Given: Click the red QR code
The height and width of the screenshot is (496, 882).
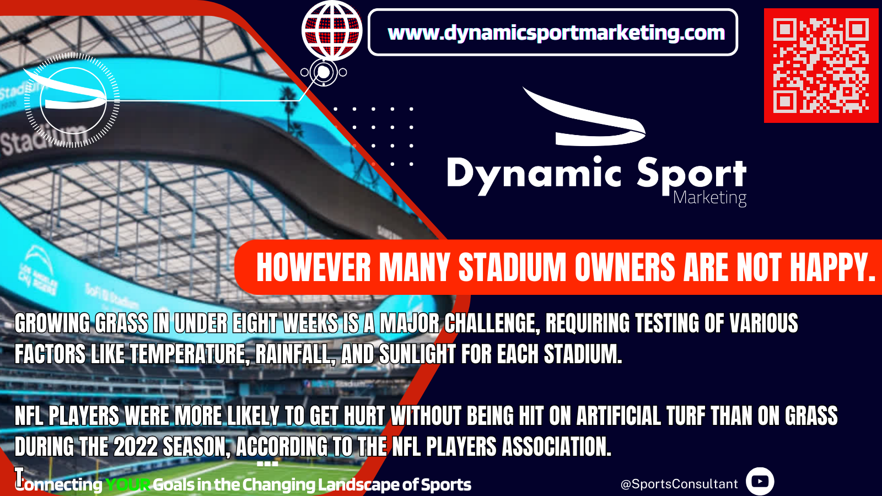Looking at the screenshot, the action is (821, 66).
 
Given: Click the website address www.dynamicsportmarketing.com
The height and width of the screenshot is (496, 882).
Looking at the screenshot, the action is (556, 33).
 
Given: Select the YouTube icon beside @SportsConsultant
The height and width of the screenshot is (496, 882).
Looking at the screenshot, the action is (760, 482).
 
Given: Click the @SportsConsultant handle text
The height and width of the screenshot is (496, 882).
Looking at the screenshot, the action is (679, 484).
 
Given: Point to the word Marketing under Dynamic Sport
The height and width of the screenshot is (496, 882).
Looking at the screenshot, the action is (709, 198).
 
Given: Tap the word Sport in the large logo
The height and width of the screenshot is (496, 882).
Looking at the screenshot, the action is (691, 175).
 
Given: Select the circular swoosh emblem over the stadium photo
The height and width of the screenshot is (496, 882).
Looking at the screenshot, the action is (72, 100).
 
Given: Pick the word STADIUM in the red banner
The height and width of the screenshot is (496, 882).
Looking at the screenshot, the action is (512, 267).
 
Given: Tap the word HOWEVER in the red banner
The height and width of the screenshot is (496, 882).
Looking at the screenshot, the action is (314, 267).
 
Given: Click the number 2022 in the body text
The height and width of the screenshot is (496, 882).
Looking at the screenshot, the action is (136, 446).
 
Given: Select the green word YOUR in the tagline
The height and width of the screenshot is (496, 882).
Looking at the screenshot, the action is (127, 484).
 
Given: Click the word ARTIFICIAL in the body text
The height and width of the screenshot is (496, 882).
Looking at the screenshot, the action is (619, 416).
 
